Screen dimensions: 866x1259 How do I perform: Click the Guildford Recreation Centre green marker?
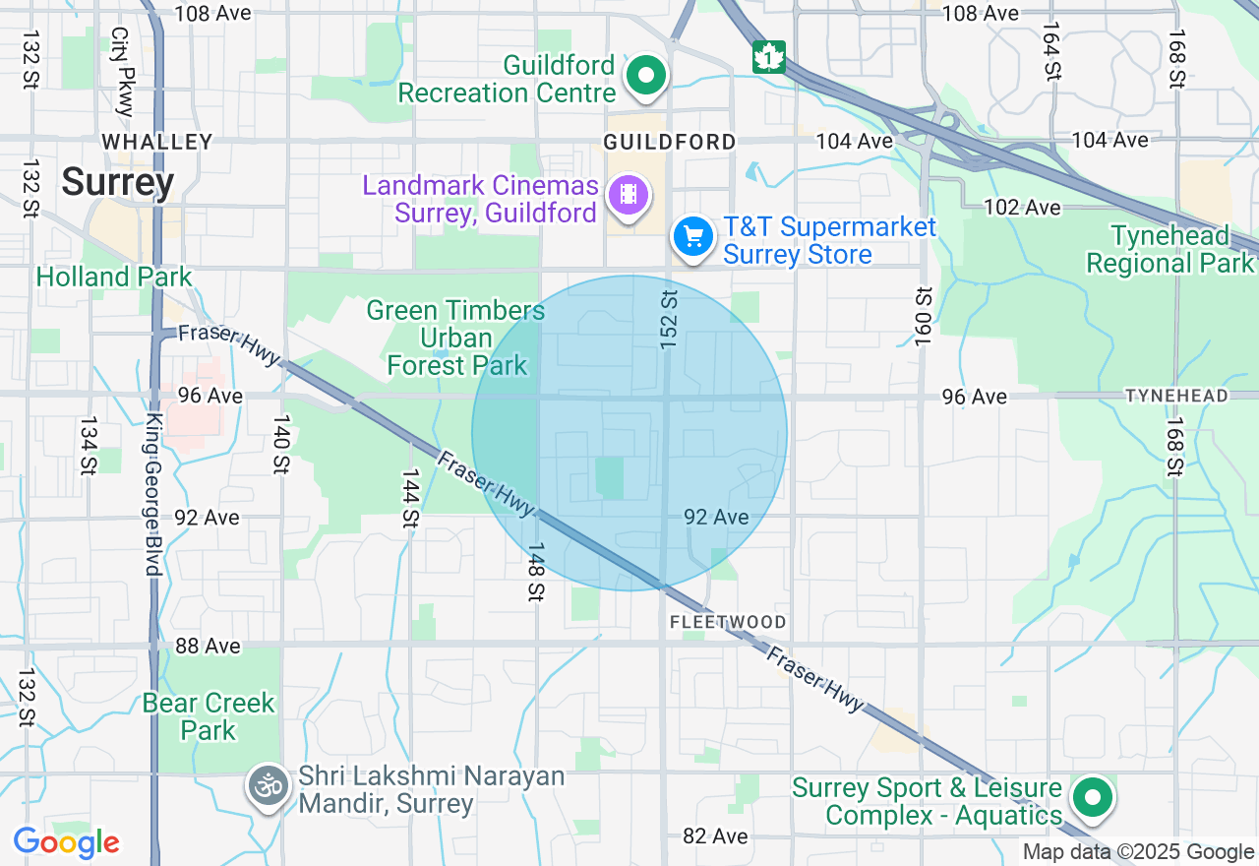coord(646,76)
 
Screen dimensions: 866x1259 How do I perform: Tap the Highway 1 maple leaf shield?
coord(769,56)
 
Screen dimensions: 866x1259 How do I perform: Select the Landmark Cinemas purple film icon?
coord(629,194)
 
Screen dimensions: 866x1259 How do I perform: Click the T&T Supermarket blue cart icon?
coord(693,237)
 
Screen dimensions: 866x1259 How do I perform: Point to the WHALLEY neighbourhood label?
coord(157,143)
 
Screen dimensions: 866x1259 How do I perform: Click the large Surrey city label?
coord(118,182)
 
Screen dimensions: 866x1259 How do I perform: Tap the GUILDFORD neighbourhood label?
coord(670,143)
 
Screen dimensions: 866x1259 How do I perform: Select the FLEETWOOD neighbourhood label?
coord(728,622)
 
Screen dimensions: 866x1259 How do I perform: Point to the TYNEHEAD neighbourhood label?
coord(1176,396)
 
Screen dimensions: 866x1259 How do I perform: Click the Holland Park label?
coord(114,278)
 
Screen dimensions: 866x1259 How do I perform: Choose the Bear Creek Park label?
coord(209,716)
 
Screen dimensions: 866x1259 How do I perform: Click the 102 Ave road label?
coord(1024,208)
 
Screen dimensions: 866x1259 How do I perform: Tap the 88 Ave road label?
coord(208,646)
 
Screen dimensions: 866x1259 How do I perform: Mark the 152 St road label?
coord(670,318)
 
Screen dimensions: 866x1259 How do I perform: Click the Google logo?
coord(66,843)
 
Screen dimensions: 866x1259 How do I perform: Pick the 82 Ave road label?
coord(715,835)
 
